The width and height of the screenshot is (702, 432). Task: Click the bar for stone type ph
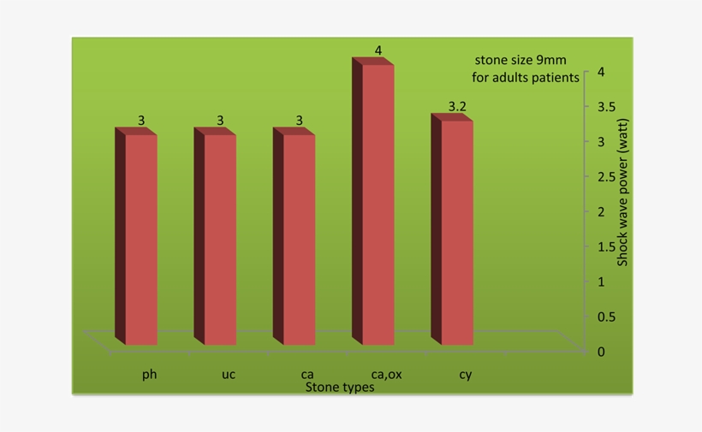136,236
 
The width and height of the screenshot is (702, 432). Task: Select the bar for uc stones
215,236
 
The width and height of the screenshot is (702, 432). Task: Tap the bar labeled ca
294,236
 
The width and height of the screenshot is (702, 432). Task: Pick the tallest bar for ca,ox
373,201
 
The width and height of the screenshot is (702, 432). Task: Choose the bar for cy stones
452,229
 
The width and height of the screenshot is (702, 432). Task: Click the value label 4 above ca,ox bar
378,50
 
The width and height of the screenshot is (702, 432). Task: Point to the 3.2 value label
457,106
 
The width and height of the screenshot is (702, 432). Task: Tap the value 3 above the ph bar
141,121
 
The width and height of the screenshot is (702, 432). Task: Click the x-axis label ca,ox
386,374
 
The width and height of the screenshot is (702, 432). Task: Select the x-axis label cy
466,375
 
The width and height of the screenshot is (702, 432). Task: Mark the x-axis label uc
229,374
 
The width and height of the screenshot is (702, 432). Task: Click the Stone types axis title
340,387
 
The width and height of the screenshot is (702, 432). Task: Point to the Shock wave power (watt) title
622,192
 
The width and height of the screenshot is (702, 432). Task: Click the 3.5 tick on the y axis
607,106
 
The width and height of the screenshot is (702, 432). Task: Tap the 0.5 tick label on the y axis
607,317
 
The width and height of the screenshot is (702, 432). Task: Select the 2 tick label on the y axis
601,211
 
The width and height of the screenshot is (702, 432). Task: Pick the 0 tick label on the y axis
601,352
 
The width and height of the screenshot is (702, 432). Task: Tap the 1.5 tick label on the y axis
607,246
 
